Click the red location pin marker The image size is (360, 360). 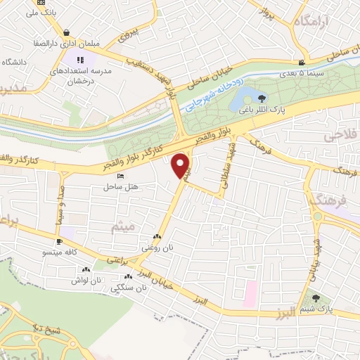(181, 165)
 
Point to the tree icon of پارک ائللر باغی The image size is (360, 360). (262, 98)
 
